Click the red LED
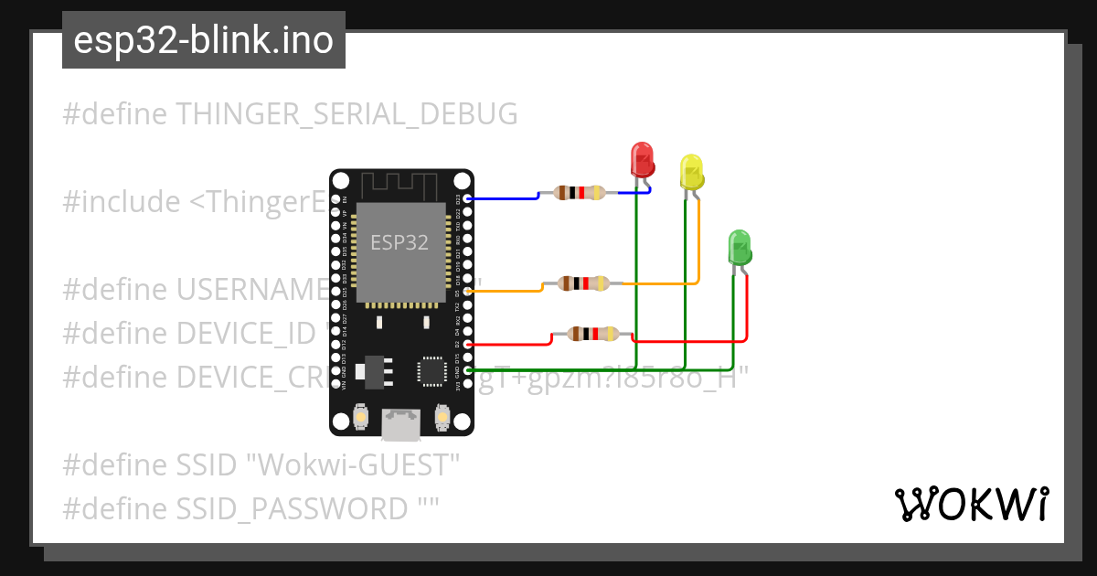click(x=643, y=159)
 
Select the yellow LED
click(x=691, y=172)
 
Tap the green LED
click(x=739, y=248)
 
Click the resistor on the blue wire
click(x=580, y=192)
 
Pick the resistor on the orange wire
click(x=584, y=283)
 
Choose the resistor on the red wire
click(x=593, y=334)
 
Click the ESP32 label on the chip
click(x=399, y=242)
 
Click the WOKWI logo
click(x=971, y=504)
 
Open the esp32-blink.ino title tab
click(x=203, y=40)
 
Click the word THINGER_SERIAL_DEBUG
click(x=346, y=114)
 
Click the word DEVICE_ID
click(x=243, y=334)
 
